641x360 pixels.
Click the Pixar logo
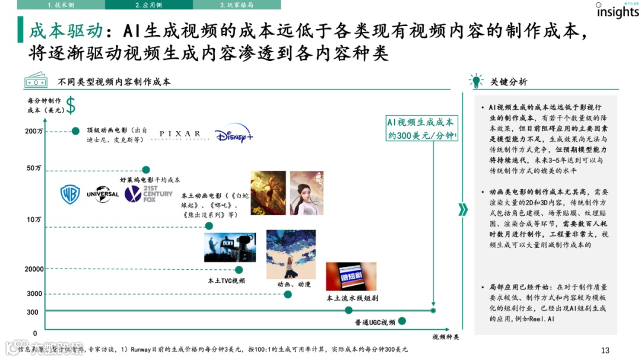[180, 135]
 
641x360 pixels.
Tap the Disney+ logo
[234, 135]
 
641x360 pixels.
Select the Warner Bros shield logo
[70, 194]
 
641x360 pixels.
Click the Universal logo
[103, 194]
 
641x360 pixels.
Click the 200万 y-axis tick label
[33, 131]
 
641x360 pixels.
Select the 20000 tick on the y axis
[34, 269]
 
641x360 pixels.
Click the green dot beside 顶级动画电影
[75, 131]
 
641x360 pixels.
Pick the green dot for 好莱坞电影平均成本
[146, 170]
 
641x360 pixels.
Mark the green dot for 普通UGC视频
[402, 321]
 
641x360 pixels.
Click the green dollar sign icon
[71, 106]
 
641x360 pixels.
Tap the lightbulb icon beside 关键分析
[476, 81]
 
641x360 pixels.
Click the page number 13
[605, 350]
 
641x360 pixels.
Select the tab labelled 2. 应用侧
[148, 5]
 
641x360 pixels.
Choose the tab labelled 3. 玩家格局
[237, 5]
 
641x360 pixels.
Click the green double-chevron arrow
[463, 209]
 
